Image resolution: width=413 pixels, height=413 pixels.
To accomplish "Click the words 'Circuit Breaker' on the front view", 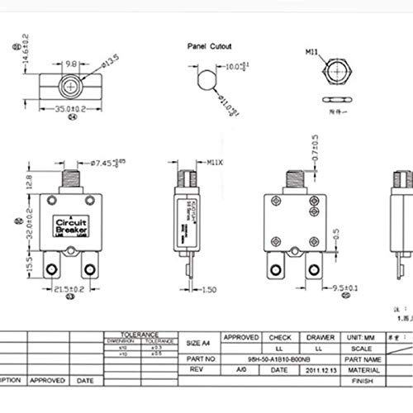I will [75, 225].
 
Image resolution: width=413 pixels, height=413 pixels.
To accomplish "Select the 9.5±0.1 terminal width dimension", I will [330, 289].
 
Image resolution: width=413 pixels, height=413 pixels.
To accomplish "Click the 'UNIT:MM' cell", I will [361, 337].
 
